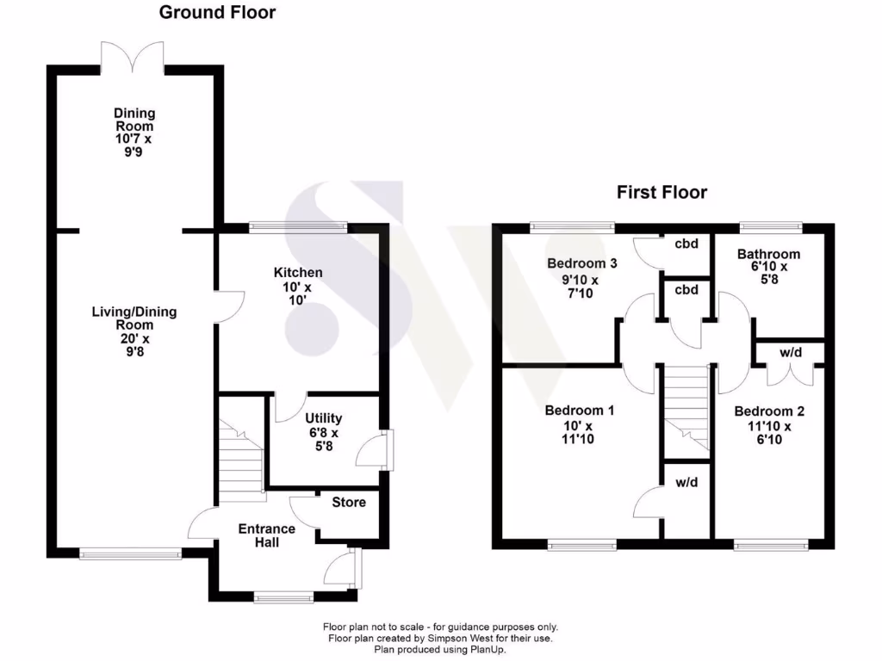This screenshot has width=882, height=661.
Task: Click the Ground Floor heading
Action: click(x=217, y=13)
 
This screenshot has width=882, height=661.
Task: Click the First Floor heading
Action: click(x=661, y=192)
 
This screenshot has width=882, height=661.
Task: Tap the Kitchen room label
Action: click(x=299, y=272)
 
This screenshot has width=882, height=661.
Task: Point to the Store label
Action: click(x=348, y=502)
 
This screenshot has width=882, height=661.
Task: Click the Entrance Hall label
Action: click(x=266, y=535)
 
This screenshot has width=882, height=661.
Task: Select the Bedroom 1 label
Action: click(x=579, y=411)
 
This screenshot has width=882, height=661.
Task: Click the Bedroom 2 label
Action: click(x=769, y=411)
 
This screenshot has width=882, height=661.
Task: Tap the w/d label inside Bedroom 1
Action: click(x=686, y=482)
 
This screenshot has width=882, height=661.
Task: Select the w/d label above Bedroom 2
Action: click(x=790, y=353)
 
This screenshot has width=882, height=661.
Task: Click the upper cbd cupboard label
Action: click(x=686, y=244)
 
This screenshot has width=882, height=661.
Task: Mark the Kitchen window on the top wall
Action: click(x=298, y=227)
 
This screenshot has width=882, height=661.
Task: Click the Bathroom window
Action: click(x=771, y=227)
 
